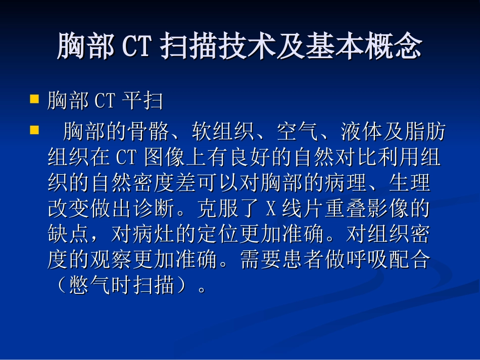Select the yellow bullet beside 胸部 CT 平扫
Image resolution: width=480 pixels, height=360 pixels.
pyautogui.click(x=35, y=99)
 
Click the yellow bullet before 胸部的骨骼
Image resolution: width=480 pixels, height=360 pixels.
pyautogui.click(x=35, y=130)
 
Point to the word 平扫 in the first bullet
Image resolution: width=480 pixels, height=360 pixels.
pyautogui.click(x=142, y=101)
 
